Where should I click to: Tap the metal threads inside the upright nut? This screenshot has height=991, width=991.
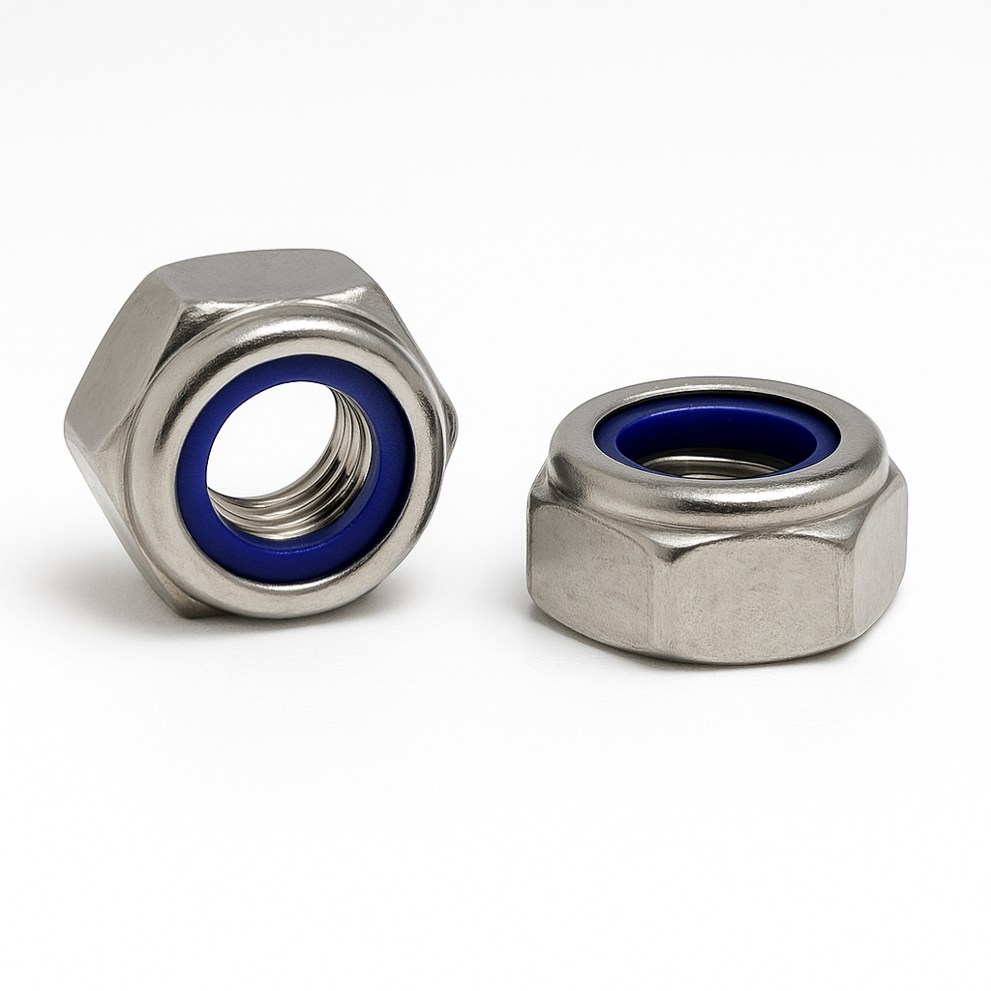click(334, 484)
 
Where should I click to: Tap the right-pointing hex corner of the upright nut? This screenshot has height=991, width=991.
click(451, 426)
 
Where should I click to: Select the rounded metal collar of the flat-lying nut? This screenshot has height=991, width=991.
click(716, 503)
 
